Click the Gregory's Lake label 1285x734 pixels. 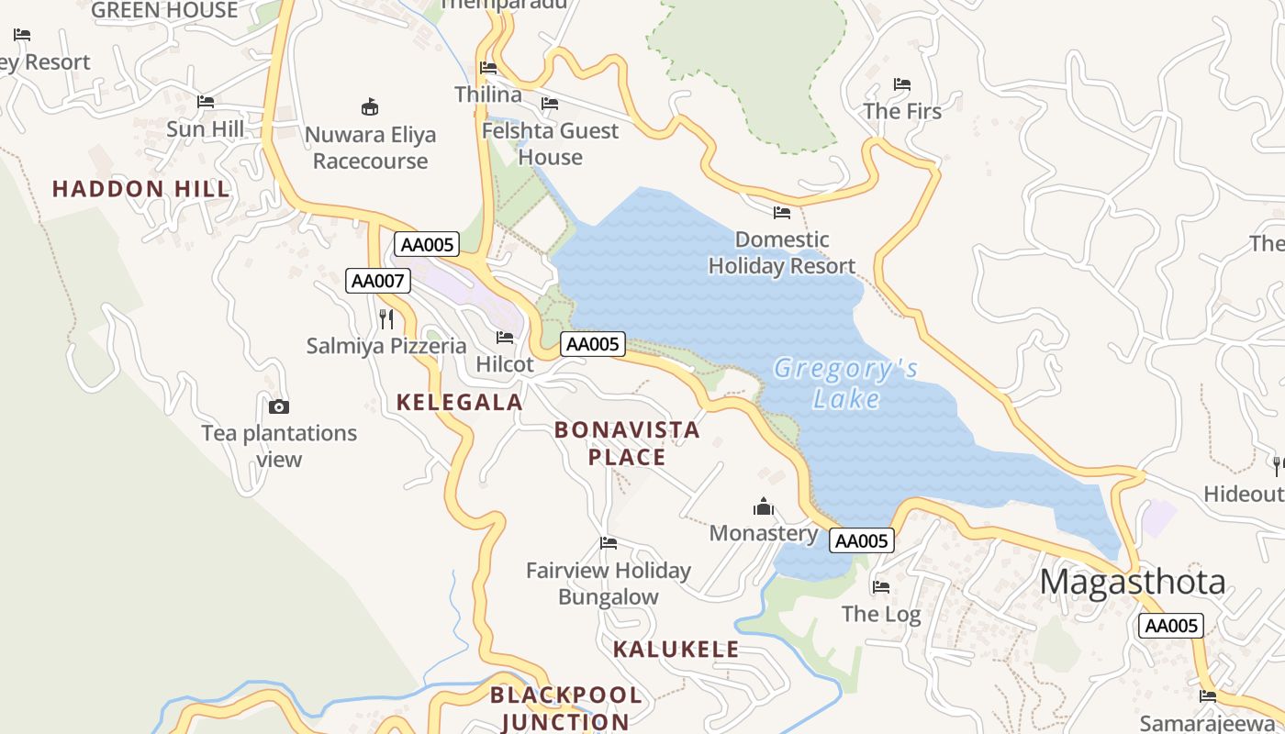click(x=844, y=384)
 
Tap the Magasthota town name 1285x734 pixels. click(x=1133, y=582)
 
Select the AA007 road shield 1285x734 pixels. click(x=377, y=281)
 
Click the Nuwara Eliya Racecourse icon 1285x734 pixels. click(x=370, y=107)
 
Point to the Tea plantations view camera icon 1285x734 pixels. click(x=279, y=406)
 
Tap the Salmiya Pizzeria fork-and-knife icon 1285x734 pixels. click(x=386, y=318)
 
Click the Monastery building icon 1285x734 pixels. click(x=763, y=506)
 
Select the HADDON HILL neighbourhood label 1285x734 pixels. click(x=141, y=189)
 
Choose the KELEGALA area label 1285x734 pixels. click(x=460, y=402)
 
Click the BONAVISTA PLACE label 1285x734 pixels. click(x=627, y=443)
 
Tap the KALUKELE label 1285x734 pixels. click(x=676, y=650)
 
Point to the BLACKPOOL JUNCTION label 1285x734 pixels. click(x=565, y=707)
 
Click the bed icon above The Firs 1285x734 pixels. click(x=902, y=84)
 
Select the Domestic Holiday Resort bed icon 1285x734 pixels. click(x=782, y=213)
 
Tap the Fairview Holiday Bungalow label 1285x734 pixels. click(x=609, y=584)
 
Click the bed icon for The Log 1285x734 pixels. click(x=881, y=586)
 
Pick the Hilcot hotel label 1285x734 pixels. click(x=505, y=364)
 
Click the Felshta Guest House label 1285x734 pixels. click(x=551, y=144)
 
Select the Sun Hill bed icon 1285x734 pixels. click(x=206, y=102)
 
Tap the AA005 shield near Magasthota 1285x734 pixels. click(x=1170, y=626)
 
